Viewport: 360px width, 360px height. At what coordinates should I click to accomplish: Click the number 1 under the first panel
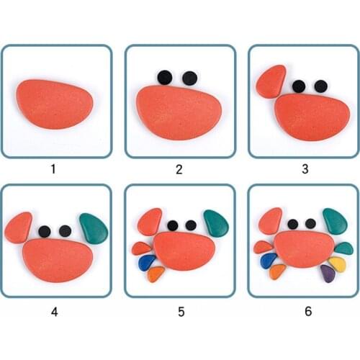(53, 170)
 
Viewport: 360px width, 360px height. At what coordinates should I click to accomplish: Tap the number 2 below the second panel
(179, 170)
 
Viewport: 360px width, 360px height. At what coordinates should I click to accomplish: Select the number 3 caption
(304, 170)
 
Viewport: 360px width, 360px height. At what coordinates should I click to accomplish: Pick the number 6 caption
(304, 312)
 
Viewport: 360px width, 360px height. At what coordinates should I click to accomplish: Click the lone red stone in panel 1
(55, 104)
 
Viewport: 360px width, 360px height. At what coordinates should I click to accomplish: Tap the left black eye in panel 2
(165, 77)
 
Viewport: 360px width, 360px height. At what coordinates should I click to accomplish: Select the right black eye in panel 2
(189, 78)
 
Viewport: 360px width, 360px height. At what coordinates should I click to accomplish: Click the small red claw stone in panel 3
(271, 81)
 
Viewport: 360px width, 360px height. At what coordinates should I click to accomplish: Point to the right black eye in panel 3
(320, 86)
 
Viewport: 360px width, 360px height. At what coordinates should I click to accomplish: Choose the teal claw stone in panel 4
(94, 228)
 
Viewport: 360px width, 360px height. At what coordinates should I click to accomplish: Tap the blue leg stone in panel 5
(146, 261)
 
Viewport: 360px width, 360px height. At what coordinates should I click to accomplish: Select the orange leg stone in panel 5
(156, 274)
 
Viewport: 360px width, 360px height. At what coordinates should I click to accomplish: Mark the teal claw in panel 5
(216, 223)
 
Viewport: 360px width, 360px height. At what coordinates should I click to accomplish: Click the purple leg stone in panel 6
(328, 272)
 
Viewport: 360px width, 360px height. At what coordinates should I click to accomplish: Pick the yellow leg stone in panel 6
(337, 264)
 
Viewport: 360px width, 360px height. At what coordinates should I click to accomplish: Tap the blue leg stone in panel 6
(269, 260)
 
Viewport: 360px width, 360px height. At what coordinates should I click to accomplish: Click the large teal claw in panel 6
(335, 220)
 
